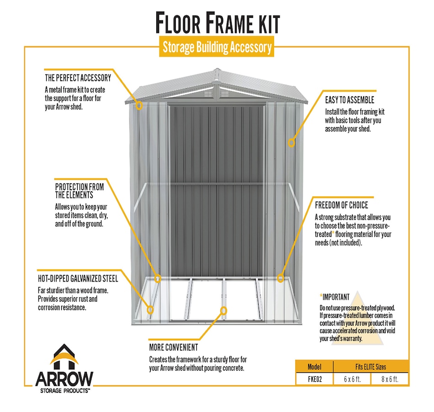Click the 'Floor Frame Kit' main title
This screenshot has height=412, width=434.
coord(217,22)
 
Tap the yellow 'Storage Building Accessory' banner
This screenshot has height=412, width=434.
coord(217,47)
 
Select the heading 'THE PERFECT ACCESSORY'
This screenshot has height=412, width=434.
coord(78,78)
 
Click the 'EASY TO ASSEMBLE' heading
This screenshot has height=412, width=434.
coord(349,100)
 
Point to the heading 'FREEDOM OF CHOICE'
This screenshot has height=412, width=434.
coord(342,205)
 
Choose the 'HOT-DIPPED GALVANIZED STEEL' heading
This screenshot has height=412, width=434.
coord(78,278)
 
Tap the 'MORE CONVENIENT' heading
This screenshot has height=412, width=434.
coord(174,347)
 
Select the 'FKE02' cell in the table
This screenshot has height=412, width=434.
coord(315,379)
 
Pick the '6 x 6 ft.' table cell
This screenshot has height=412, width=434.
coord(352,379)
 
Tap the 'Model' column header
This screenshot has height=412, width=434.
coord(314,367)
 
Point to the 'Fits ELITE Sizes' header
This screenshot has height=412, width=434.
coord(370,367)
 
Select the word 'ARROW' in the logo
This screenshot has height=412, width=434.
coord(64,379)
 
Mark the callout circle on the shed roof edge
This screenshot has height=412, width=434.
coord(139,105)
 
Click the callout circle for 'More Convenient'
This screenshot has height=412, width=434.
coord(223,311)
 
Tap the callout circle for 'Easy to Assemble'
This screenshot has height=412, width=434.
coord(291,143)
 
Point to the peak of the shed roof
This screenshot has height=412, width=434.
coord(217,69)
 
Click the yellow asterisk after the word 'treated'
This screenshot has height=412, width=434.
coord(333,233)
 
